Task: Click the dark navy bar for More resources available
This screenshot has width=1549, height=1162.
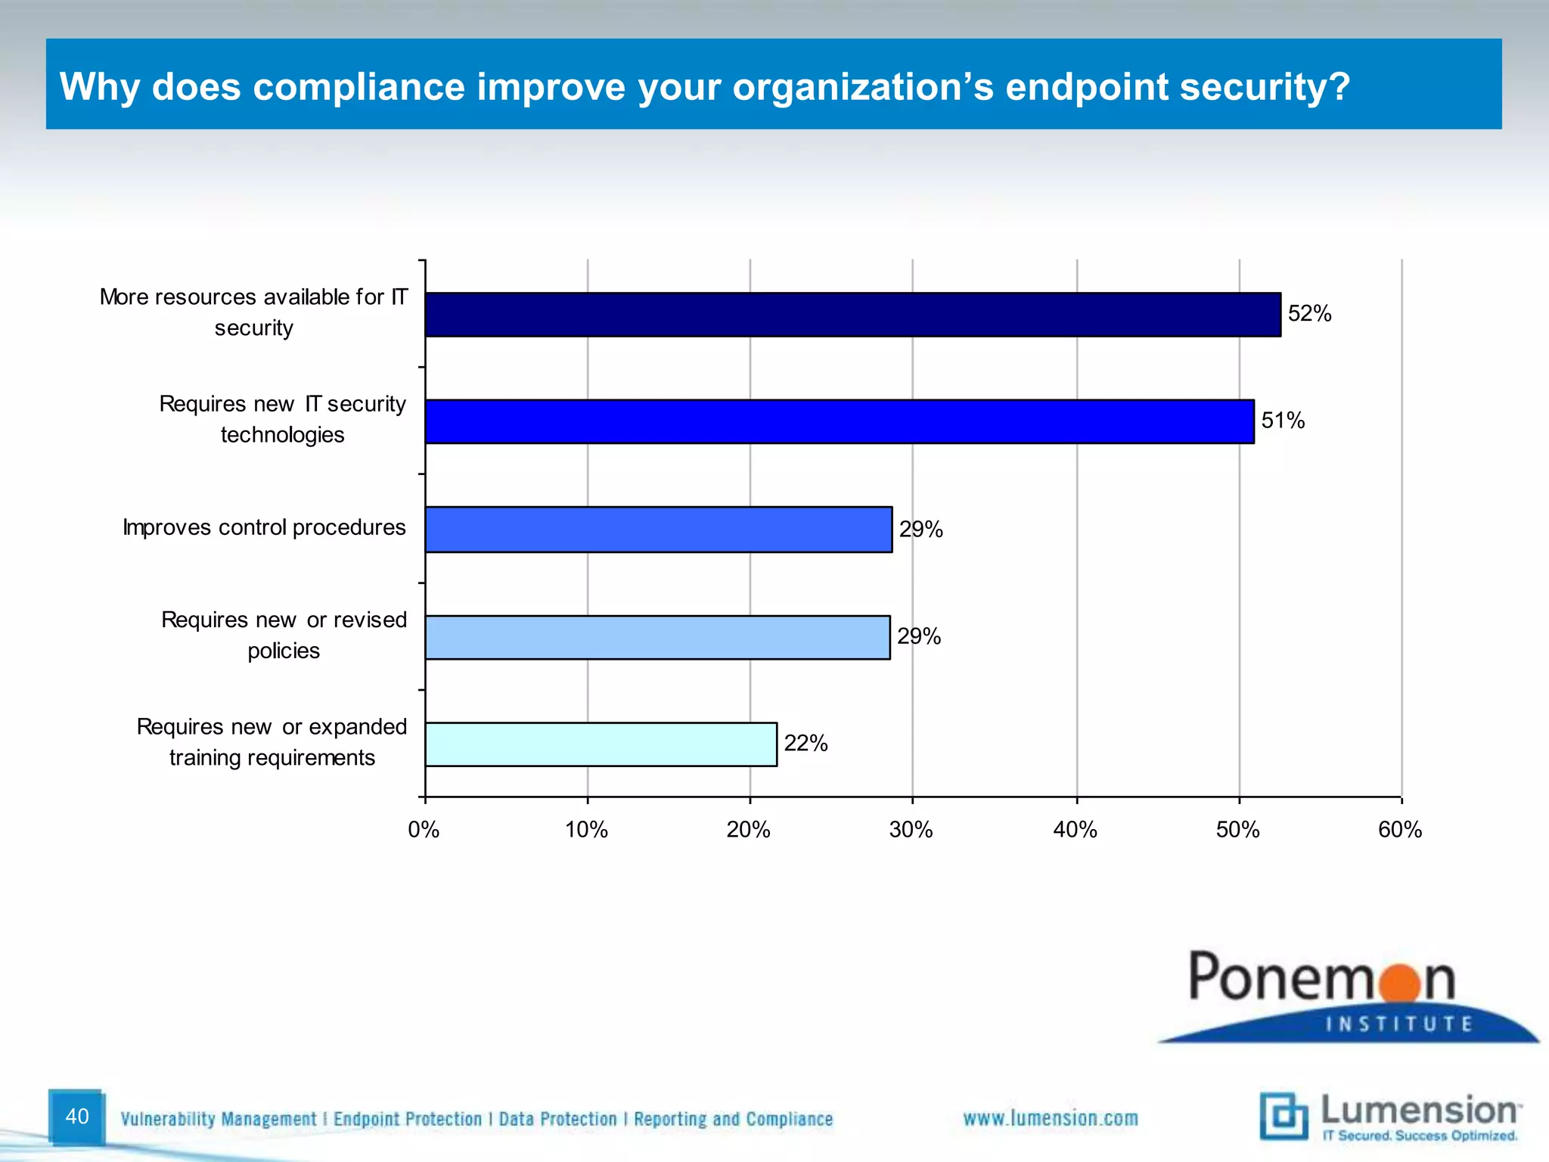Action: (852, 315)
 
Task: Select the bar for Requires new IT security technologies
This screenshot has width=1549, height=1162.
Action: (839, 421)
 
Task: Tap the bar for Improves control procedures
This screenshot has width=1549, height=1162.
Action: (658, 530)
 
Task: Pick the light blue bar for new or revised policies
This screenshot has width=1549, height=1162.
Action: (657, 637)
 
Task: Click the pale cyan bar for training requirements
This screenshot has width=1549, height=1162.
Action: (601, 744)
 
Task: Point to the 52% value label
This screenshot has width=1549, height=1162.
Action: (1309, 313)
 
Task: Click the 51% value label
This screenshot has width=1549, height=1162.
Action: (1283, 421)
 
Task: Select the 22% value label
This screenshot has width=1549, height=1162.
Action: (806, 744)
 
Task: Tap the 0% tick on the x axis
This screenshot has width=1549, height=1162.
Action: (424, 830)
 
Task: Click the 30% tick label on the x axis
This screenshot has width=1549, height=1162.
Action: (911, 830)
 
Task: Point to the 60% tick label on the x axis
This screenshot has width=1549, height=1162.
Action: (1400, 830)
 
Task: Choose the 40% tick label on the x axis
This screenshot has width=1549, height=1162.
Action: (1075, 830)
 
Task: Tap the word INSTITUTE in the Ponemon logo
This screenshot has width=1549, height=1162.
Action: (1399, 1024)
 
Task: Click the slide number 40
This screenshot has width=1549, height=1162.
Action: (77, 1117)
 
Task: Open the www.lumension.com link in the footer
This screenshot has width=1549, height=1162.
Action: (1050, 1118)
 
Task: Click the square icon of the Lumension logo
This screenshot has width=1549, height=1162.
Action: (1284, 1116)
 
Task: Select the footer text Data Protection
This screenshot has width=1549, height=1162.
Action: (557, 1119)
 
